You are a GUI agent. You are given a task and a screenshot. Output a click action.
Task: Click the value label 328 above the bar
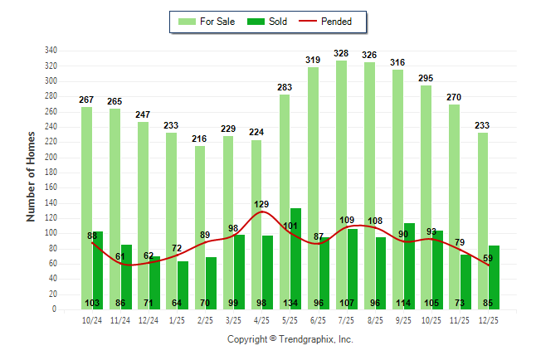click(x=341, y=53)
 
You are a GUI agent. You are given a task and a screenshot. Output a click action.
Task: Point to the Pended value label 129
click(x=261, y=204)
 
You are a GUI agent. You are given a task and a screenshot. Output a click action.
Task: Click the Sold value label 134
click(x=295, y=303)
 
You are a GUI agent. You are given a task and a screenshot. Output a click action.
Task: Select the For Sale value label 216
click(x=200, y=139)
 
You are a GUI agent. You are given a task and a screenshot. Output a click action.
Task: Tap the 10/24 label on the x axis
click(x=92, y=319)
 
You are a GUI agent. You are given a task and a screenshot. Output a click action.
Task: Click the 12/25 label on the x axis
click(x=488, y=319)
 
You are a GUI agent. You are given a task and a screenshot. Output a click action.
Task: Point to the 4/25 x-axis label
click(x=261, y=319)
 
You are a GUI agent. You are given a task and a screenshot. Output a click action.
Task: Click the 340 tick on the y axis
click(x=51, y=50)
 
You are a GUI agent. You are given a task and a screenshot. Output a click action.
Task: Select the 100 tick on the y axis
click(x=51, y=233)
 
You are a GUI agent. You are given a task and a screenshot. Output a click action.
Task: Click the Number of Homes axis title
click(x=32, y=177)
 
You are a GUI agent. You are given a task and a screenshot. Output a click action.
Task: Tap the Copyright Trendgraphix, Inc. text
click(x=290, y=339)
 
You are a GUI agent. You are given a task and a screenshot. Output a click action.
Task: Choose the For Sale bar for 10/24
click(x=86, y=207)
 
